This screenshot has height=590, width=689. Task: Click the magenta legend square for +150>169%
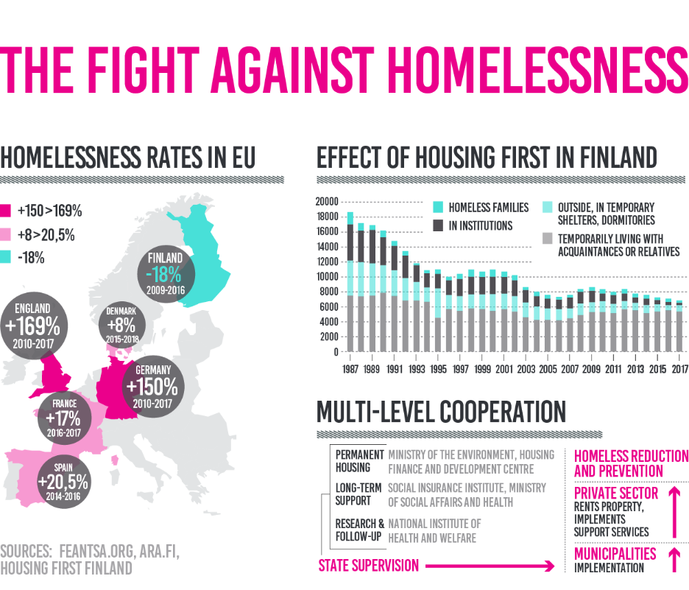coord(7,211)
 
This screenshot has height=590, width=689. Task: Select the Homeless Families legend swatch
coord(438,208)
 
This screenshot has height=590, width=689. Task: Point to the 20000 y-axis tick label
coord(325,202)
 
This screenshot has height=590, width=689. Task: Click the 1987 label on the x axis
coord(350,368)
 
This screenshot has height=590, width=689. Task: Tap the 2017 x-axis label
coord(675,368)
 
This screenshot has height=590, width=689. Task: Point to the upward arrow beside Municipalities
coord(673,558)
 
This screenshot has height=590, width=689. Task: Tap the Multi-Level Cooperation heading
coord(441,412)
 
